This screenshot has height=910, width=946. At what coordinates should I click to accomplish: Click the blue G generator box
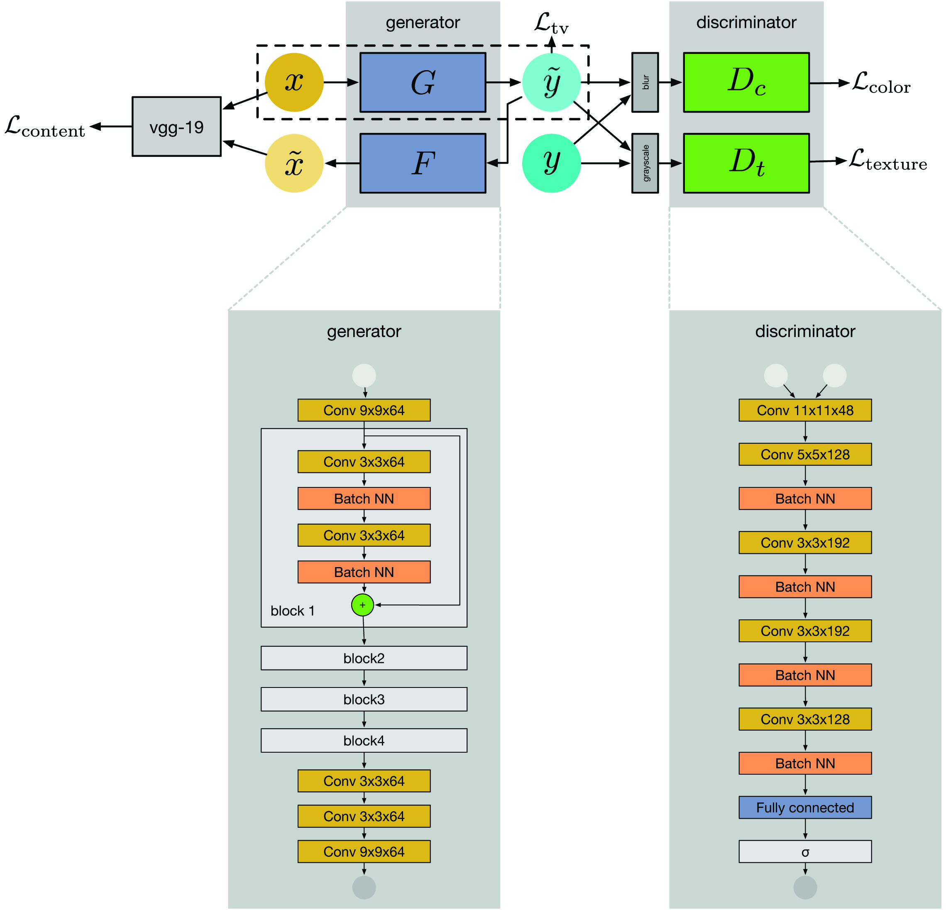[423, 83]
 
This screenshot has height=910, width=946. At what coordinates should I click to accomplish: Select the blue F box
[423, 163]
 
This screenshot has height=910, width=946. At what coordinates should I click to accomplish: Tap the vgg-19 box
[177, 127]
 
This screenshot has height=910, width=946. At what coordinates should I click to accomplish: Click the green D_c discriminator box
[746, 83]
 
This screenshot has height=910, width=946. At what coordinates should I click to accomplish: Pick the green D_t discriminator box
[746, 163]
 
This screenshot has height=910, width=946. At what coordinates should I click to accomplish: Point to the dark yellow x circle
[294, 82]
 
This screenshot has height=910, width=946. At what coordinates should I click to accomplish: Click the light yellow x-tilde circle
[294, 163]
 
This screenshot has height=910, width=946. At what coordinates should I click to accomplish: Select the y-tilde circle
[552, 82]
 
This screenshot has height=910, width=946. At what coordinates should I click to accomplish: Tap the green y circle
[552, 163]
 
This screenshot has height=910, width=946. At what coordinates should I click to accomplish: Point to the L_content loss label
[45, 127]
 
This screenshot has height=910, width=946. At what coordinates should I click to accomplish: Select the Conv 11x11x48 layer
[805, 410]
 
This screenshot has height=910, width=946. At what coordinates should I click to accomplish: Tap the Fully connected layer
[805, 807]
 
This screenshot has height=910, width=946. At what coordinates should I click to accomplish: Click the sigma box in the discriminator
[805, 851]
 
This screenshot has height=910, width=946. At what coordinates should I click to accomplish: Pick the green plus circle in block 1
[362, 605]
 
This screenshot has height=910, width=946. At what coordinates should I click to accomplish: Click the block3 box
[364, 699]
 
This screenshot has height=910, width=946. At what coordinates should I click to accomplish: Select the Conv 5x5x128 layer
[805, 454]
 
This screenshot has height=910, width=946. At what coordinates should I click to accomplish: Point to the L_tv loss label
[552, 24]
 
